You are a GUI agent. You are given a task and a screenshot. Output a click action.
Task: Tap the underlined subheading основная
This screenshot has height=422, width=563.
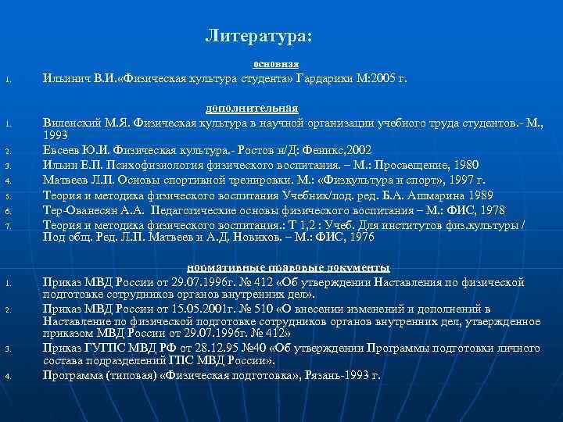[x=276, y=63]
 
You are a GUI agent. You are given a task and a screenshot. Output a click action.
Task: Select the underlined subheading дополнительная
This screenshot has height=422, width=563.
[x=251, y=108]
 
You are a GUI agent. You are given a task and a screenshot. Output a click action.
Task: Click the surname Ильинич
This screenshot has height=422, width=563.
[x=66, y=79]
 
